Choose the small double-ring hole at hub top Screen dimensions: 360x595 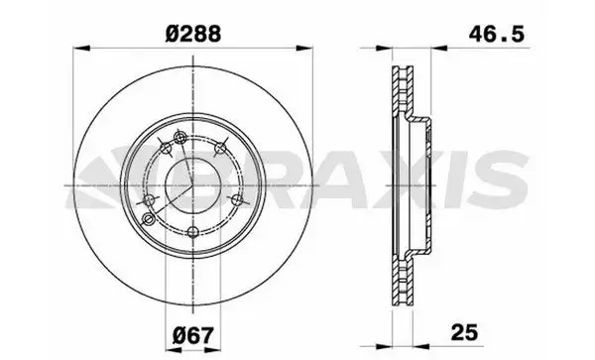tap(178, 137)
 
